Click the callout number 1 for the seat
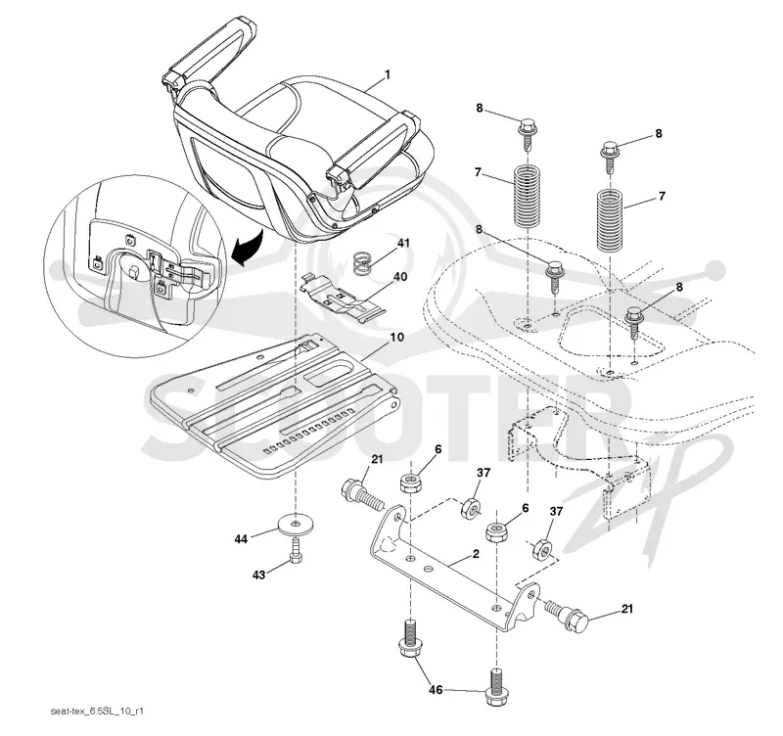387,75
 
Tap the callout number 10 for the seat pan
397,337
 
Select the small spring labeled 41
364,263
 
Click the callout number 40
400,277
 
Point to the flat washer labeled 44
297,525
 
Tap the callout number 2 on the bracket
476,553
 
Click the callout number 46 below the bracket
436,690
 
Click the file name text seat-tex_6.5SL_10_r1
100,711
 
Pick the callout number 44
241,539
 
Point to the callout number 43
258,575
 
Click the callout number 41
403,243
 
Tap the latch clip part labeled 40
344,299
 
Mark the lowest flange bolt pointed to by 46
495,687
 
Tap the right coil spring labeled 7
611,219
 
